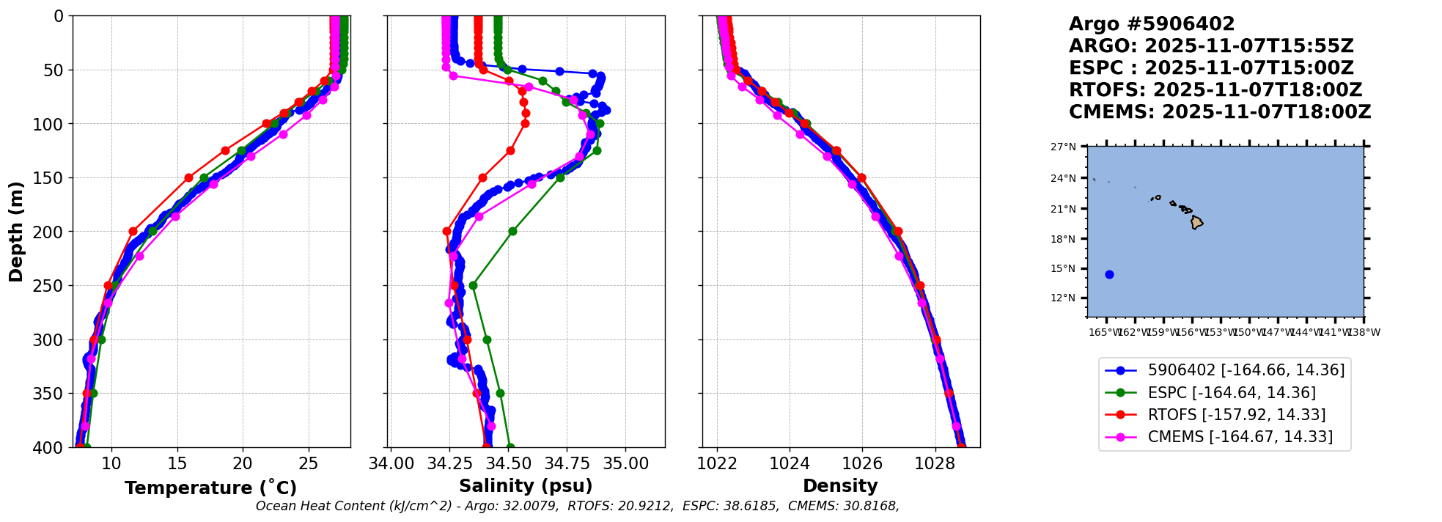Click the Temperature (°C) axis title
(x=210, y=488)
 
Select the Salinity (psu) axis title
(x=526, y=486)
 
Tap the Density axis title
(x=840, y=486)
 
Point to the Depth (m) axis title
(x=16, y=231)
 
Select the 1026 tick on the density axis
(x=862, y=463)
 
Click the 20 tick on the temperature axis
(x=243, y=463)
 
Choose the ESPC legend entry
(x=1231, y=393)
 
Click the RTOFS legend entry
(x=1236, y=415)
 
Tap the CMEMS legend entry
(x=1240, y=437)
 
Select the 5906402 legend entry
(x=1246, y=371)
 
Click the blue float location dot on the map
(x=1109, y=275)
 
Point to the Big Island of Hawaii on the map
(x=1196, y=222)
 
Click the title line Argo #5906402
(x=1152, y=24)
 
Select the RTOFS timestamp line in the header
(x=1215, y=90)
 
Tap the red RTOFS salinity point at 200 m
(x=446, y=232)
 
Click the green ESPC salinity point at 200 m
(x=512, y=232)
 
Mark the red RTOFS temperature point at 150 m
(x=188, y=177)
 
